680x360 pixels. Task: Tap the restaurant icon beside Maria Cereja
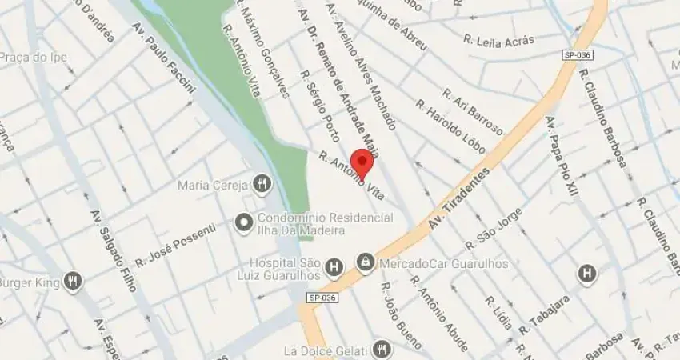coord(262,186)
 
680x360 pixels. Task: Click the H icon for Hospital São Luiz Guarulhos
coord(334,265)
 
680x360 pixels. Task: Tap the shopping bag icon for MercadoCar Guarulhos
coord(366,263)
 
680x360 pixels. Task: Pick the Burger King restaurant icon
coord(74,282)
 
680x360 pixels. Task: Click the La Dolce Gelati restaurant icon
coord(382,350)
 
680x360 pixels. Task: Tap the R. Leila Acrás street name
coord(498,40)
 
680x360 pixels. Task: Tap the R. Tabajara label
coord(544,314)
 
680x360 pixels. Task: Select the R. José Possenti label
coord(175,245)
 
